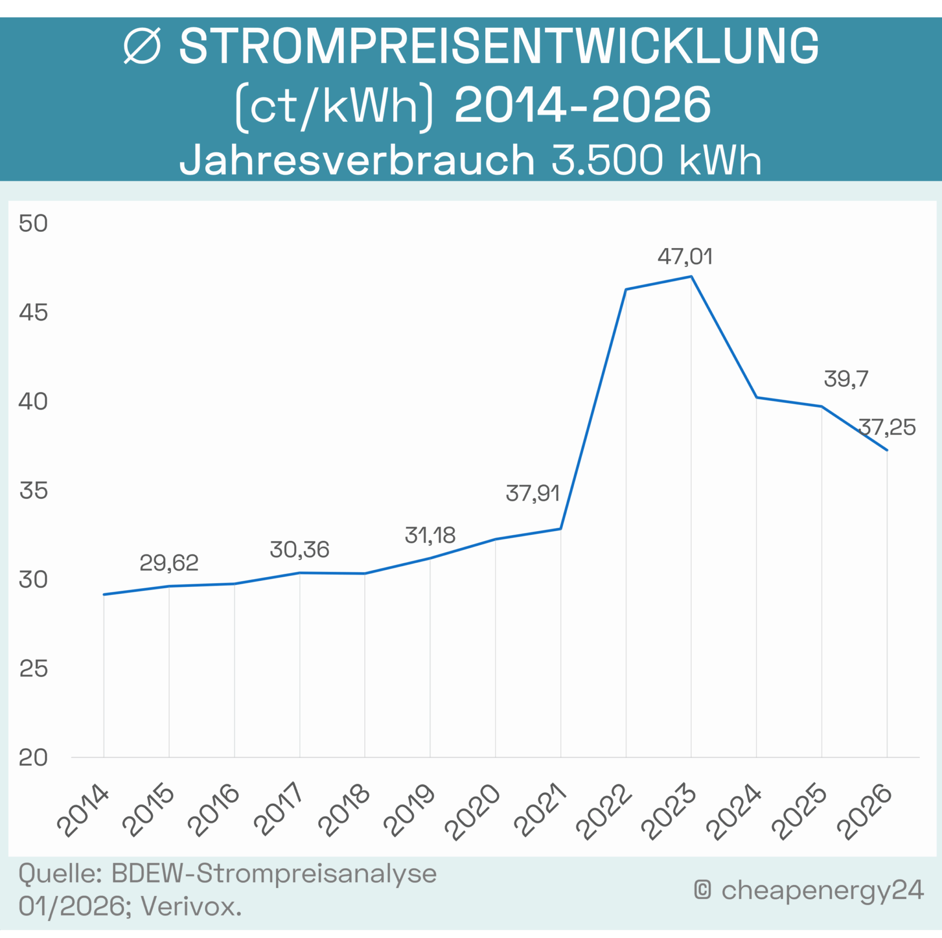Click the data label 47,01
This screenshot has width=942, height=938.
coord(684,256)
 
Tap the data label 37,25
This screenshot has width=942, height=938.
coord(887,427)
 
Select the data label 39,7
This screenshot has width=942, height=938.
coord(846,379)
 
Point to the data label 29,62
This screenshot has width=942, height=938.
coord(169,563)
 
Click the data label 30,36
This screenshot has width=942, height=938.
coord(299,550)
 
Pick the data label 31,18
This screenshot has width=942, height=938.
coord(430,536)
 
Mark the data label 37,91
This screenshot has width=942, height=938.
coord(533,494)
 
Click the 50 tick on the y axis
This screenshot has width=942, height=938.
coord(33,224)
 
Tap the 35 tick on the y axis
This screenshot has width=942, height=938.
coord(33,491)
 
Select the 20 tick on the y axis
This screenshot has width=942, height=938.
coord(33,758)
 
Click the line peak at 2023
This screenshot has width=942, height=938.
coord(691,277)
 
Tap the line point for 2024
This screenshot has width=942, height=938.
coord(756,398)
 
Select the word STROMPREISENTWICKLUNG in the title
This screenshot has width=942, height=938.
coord(499,47)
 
